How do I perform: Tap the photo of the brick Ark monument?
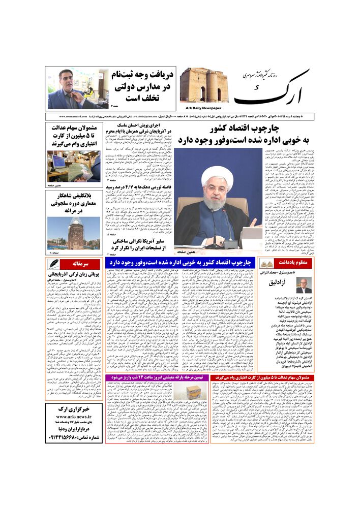(203, 85)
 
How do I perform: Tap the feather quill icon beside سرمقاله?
(53, 264)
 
